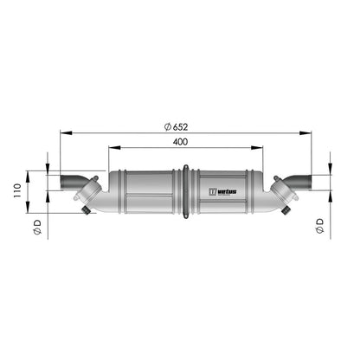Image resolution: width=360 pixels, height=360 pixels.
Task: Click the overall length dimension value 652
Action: coord(180,126)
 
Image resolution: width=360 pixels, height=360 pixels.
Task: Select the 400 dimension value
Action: coord(180,142)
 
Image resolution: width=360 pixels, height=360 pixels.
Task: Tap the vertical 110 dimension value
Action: coord(17,190)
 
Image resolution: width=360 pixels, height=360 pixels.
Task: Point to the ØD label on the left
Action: coord(37,227)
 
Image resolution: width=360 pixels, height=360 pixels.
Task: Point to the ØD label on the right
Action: coord(319,226)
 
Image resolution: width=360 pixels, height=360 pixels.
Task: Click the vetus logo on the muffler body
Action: coord(222,191)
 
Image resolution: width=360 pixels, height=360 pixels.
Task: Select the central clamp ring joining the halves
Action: coord(186,191)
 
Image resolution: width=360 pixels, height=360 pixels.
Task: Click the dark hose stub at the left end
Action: coord(71,183)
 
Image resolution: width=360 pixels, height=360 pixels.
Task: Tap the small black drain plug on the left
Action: coord(86,209)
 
